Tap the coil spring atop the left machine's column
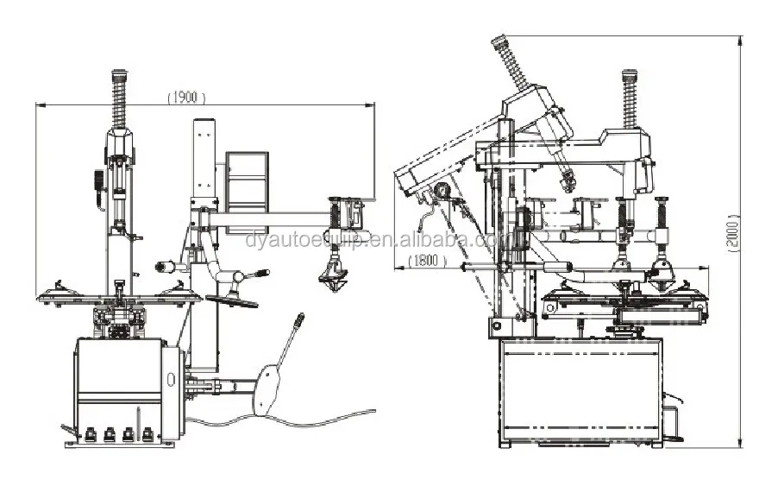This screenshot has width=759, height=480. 120,96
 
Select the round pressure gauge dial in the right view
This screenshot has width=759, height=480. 443,191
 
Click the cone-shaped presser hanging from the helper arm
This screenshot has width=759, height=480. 333,278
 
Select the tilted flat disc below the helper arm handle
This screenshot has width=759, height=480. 232,300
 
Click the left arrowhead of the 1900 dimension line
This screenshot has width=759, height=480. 39,105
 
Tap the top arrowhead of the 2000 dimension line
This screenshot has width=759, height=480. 739,39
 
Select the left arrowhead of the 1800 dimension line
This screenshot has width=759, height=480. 397,268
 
